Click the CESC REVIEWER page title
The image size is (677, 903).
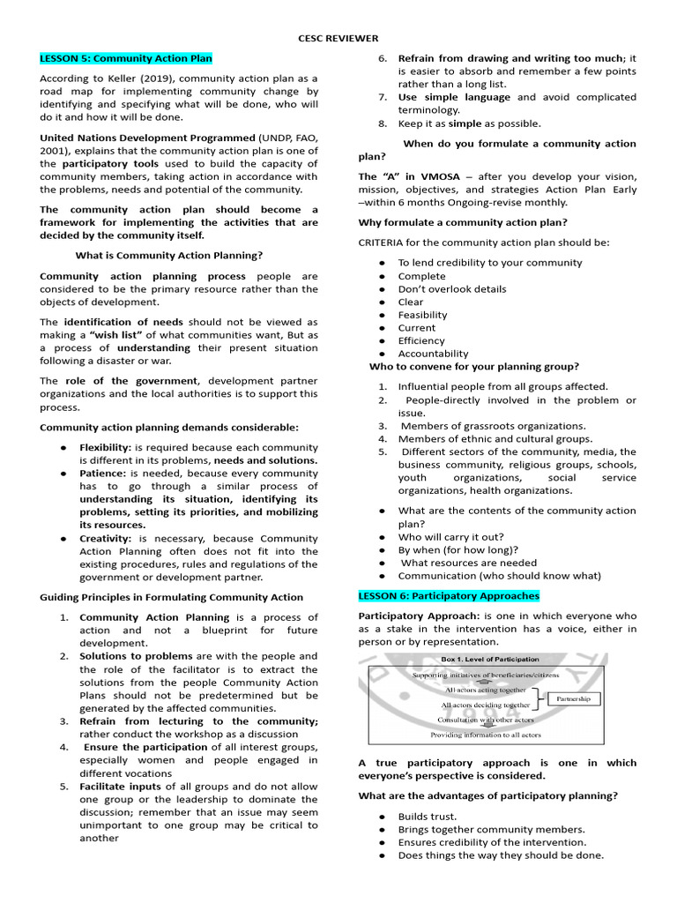[x=338, y=39]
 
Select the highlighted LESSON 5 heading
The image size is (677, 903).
[x=126, y=58]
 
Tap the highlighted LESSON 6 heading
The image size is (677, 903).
[x=449, y=596]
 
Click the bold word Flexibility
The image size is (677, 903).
[x=105, y=447]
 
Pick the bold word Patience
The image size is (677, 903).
[x=102, y=474]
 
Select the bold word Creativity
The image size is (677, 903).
[x=105, y=538]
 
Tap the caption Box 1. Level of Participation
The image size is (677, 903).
[x=492, y=659]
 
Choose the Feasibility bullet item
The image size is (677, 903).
[x=422, y=315]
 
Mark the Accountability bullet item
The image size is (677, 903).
[x=433, y=354]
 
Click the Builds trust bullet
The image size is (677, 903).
[x=427, y=817]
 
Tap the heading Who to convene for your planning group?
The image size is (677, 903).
[x=473, y=367]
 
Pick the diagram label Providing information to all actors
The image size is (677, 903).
[x=486, y=735]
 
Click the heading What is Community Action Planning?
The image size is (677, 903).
[x=169, y=255]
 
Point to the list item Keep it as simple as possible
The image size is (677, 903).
[x=469, y=124]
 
